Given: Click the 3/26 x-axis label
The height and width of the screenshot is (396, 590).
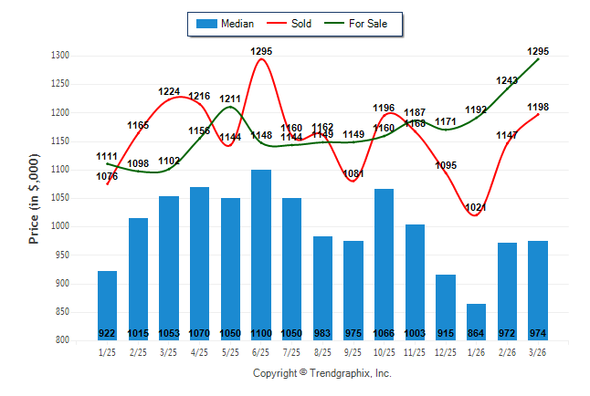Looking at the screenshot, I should click(537, 352).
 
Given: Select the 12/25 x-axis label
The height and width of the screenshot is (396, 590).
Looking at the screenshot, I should click(445, 352).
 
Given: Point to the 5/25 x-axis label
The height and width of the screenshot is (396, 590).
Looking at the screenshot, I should click(229, 352).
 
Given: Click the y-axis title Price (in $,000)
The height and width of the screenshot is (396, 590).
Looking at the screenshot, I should click(34, 198).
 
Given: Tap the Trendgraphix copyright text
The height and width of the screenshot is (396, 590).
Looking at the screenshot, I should click(321, 373).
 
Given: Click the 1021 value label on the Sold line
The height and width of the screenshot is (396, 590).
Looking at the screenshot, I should click(476, 208).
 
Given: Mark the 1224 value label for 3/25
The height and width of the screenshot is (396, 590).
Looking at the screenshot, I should click(169, 91).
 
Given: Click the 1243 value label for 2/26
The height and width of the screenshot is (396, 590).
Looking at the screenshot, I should click(507, 80).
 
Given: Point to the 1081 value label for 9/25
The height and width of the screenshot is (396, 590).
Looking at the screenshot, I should click(353, 173).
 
